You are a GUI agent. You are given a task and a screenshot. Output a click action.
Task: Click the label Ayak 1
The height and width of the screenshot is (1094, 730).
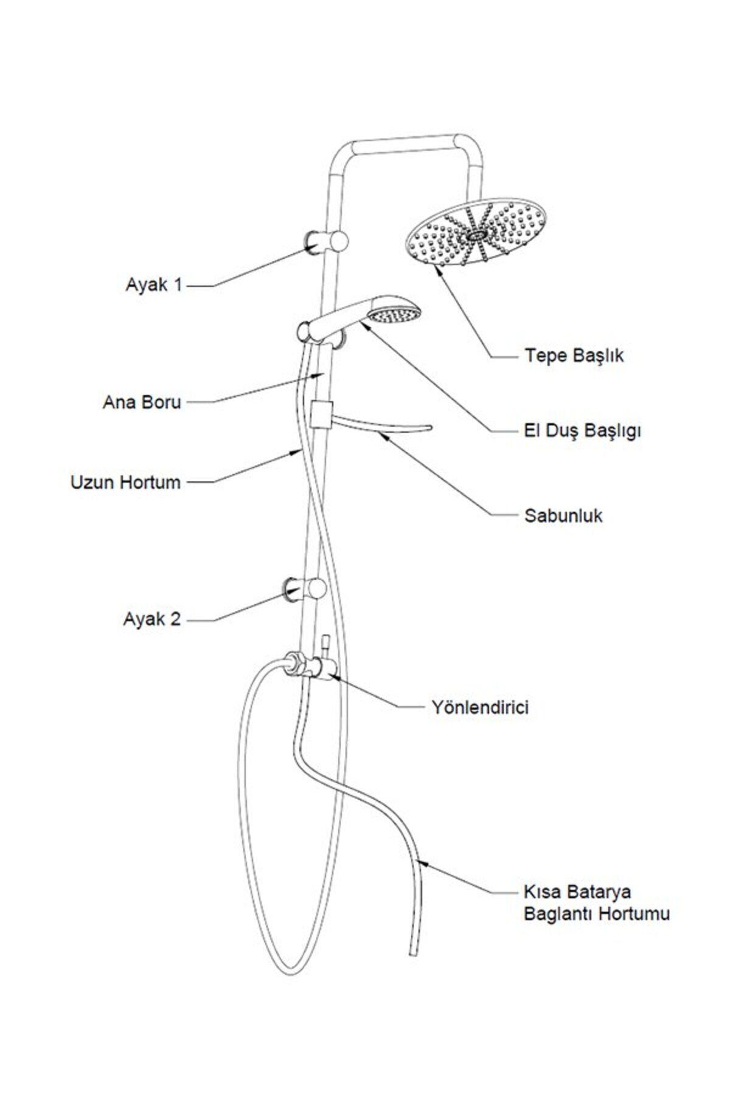153,284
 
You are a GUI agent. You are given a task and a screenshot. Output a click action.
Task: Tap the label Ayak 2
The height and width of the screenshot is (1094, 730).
152,619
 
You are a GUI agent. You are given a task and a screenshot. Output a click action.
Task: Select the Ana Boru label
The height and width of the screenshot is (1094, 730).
142,402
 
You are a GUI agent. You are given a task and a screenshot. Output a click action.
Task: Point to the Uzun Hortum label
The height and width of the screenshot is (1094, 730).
126,483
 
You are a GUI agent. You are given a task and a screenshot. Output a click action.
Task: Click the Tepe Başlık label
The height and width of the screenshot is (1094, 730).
574,356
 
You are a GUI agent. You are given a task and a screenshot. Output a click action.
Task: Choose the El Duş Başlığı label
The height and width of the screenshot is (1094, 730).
582,431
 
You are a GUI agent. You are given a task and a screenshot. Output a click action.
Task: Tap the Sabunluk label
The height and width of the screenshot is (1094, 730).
563,516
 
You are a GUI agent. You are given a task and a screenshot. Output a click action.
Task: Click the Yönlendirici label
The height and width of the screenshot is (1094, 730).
480,707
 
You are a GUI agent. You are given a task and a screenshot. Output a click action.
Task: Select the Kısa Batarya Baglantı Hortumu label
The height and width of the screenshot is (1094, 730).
596,902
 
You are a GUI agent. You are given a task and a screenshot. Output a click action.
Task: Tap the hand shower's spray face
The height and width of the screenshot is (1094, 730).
396,315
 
